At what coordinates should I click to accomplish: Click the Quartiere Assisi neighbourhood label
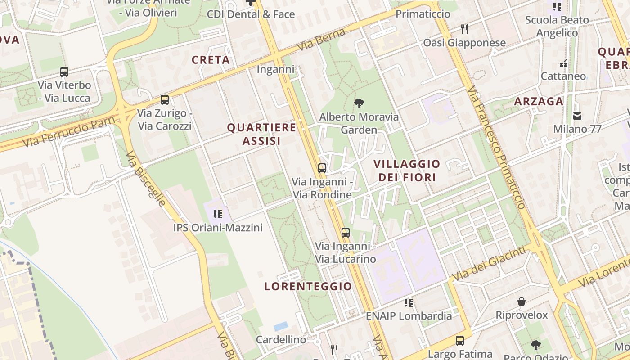click(261, 134)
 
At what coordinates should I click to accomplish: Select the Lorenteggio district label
click(308, 286)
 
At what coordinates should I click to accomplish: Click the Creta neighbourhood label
click(211, 60)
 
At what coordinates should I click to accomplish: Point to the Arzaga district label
click(539, 101)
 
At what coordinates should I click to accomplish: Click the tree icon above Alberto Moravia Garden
click(359, 104)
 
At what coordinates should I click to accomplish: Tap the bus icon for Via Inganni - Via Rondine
click(322, 168)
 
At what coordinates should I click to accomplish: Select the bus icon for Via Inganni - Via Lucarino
click(345, 233)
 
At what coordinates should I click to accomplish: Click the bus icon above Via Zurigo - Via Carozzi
click(165, 100)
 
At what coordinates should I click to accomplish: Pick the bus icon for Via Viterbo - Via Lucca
click(64, 72)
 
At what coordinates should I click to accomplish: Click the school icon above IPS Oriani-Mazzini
click(218, 214)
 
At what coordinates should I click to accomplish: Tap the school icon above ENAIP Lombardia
click(409, 302)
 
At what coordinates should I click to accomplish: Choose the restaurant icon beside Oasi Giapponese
click(465, 30)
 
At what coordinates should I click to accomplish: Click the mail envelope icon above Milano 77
click(577, 116)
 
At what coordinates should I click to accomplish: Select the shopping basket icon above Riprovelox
click(522, 301)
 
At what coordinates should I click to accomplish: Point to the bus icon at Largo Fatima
click(459, 341)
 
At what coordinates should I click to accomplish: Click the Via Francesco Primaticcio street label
click(496, 148)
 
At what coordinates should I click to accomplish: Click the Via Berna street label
click(321, 40)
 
